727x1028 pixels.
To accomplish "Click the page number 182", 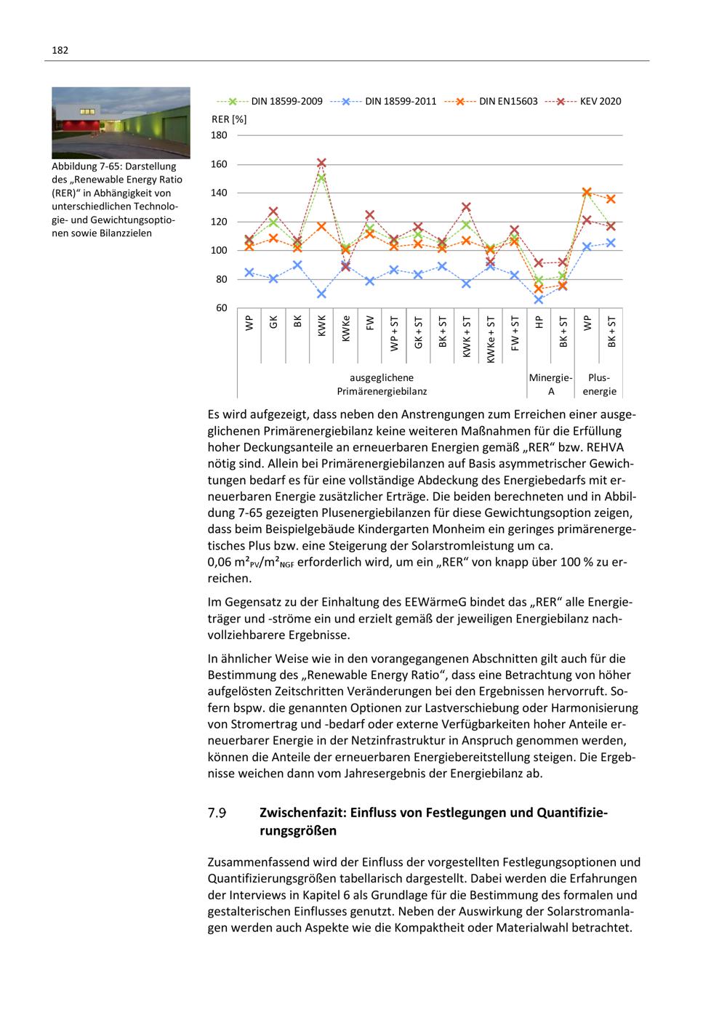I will [60, 50].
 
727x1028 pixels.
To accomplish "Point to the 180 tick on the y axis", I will [220, 135].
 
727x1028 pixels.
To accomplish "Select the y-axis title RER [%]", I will [229, 119].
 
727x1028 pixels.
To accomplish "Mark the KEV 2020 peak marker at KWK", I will [321, 163].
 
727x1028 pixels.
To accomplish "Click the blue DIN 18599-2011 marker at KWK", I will [321, 294].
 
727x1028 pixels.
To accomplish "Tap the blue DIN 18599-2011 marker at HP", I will [539, 300].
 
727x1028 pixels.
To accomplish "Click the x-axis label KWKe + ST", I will [491, 339].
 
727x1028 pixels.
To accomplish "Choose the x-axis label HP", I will [539, 322].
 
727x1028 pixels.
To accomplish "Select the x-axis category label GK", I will [273, 322].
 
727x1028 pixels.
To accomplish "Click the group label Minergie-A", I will [550, 385].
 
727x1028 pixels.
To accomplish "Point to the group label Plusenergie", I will [599, 385].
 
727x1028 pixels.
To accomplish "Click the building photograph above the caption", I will [121, 123].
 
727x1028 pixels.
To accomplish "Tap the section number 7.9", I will [217, 813].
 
